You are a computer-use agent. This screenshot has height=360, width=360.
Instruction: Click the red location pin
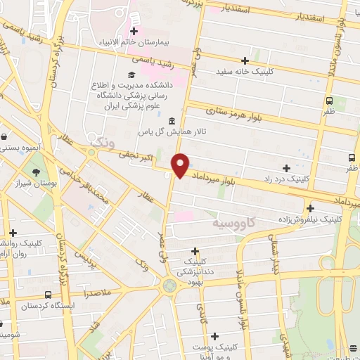pos(180,165)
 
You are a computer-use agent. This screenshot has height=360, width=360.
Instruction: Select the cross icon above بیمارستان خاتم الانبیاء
pos(133,31)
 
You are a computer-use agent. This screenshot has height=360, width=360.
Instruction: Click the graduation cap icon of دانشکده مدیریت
pos(131,75)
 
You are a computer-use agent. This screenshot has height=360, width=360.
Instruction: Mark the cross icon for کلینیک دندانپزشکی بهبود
pos(195,251)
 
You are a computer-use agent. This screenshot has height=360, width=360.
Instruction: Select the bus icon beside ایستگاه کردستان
pos(47,295)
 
